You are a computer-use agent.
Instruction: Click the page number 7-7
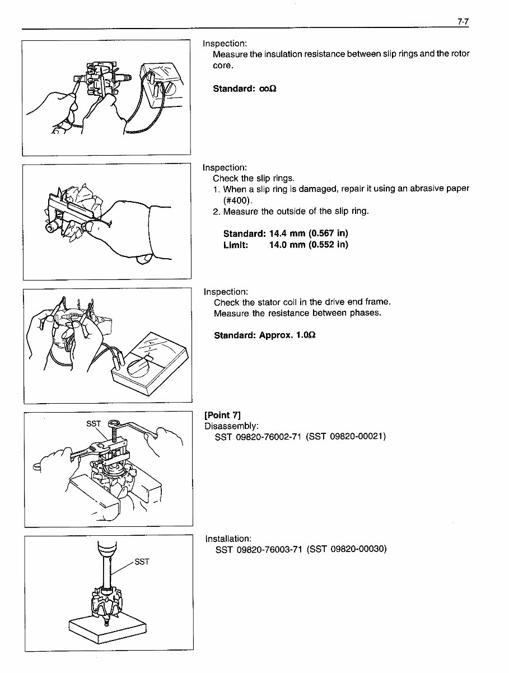[x=462, y=22]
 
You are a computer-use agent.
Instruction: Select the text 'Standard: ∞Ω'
[x=245, y=88]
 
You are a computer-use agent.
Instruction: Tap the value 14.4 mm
[x=287, y=233]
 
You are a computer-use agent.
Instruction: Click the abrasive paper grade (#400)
[x=238, y=200]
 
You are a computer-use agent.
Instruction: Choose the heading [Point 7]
[x=223, y=415]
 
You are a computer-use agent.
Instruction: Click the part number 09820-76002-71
[x=269, y=437]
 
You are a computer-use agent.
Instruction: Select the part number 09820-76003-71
[x=270, y=549]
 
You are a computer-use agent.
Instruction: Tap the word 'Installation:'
[x=228, y=539]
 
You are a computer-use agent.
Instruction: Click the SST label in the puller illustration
[x=93, y=424]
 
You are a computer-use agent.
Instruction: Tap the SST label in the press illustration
[x=142, y=562]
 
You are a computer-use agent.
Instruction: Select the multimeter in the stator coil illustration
[x=150, y=362]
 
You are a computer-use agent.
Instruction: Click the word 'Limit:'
[x=236, y=245]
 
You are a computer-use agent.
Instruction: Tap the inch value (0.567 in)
[x=328, y=233]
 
